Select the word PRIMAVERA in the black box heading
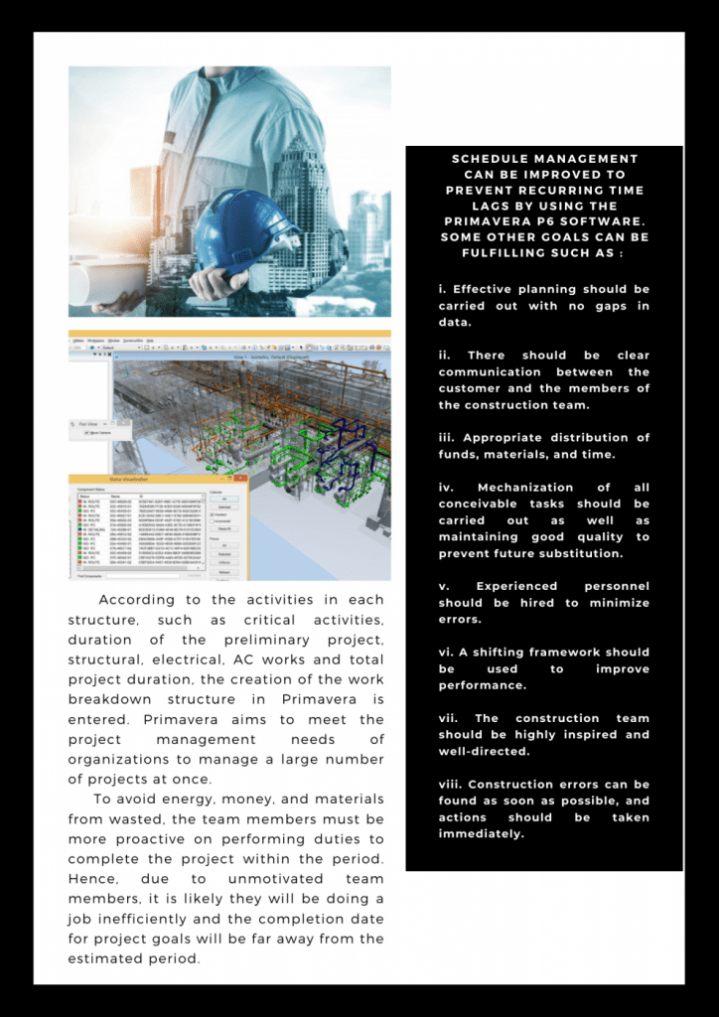(494, 222)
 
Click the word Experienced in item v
(516, 587)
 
